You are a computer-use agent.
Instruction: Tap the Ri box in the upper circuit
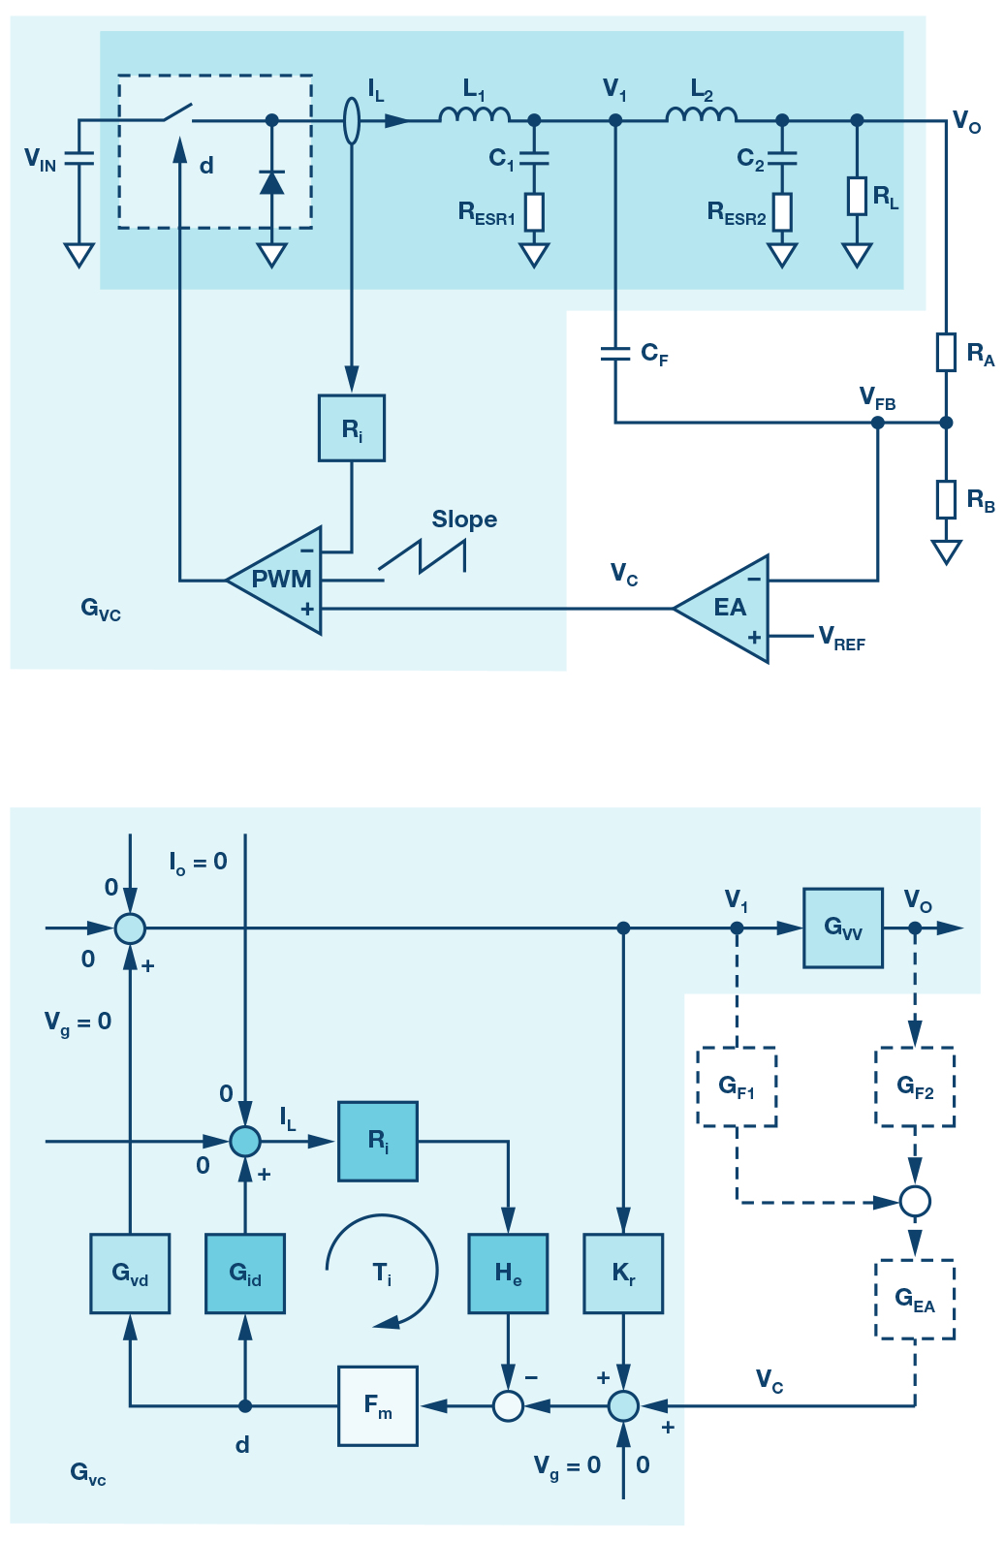pyautogui.click(x=352, y=427)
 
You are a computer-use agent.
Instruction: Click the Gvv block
pyautogui.click(x=843, y=928)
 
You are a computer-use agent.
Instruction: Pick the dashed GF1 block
pyautogui.click(x=737, y=1086)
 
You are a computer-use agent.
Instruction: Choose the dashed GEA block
pyautogui.click(x=915, y=1300)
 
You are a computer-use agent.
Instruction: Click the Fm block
pyautogui.click(x=378, y=1405)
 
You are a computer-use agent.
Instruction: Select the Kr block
pyautogui.click(x=623, y=1274)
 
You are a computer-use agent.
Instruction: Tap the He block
pyautogui.click(x=508, y=1274)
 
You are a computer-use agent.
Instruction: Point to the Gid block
pyautogui.click(x=245, y=1274)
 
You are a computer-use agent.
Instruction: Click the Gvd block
pyautogui.click(x=130, y=1274)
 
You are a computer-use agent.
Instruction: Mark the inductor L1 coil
pyautogui.click(x=474, y=115)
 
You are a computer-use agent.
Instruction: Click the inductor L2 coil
pyautogui.click(x=701, y=115)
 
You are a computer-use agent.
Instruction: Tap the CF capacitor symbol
pyautogui.click(x=615, y=355)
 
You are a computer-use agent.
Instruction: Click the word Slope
pyautogui.click(x=464, y=519)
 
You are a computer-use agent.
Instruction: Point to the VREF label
pyautogui.click(x=841, y=638)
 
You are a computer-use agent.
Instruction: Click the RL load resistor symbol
pyautogui.click(x=857, y=196)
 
